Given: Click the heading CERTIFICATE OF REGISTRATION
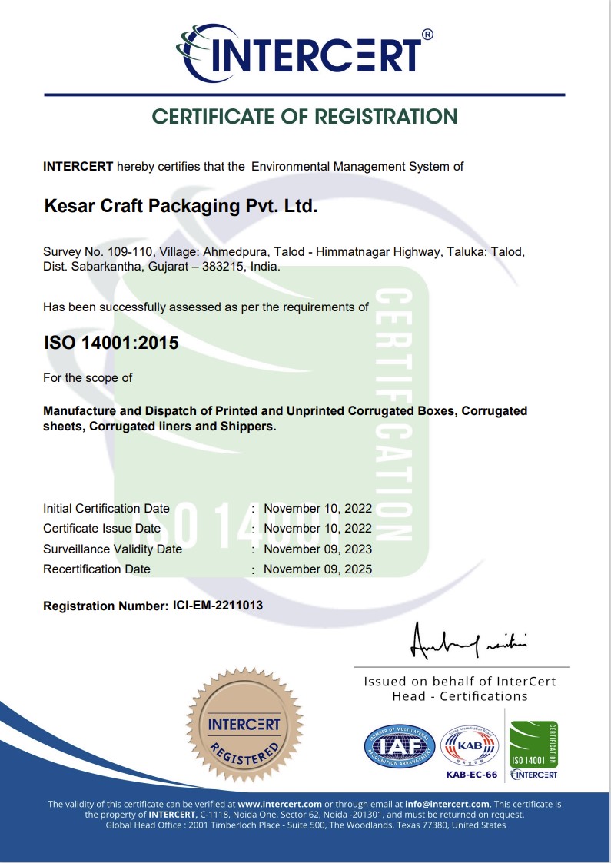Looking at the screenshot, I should point(305,117).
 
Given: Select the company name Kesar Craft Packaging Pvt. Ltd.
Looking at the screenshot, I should point(180,207).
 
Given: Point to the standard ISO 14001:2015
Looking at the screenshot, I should point(111,343).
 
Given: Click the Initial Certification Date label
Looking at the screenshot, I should point(106,509).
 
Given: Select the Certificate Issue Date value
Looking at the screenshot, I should point(317,529).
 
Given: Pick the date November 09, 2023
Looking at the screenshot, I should point(317,549).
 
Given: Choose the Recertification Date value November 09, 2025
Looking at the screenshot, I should point(317,569).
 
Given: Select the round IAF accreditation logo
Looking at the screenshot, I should point(399,745).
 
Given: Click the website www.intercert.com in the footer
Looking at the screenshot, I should point(280,804).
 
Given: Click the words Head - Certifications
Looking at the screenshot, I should point(460,696).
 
